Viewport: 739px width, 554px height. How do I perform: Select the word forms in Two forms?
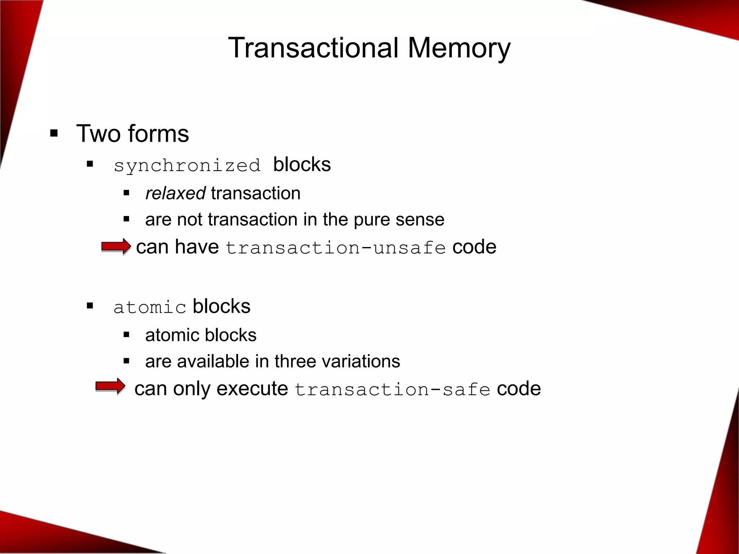tap(158, 133)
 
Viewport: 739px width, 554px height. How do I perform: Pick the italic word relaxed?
tap(175, 193)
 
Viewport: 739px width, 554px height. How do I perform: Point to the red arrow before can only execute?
tap(110, 387)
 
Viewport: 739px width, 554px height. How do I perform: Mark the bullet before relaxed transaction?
tap(126, 193)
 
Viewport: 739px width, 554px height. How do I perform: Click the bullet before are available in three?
tap(126, 361)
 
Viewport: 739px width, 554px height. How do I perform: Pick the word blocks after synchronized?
tap(302, 165)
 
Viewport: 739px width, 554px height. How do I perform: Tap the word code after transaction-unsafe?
tap(474, 247)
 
